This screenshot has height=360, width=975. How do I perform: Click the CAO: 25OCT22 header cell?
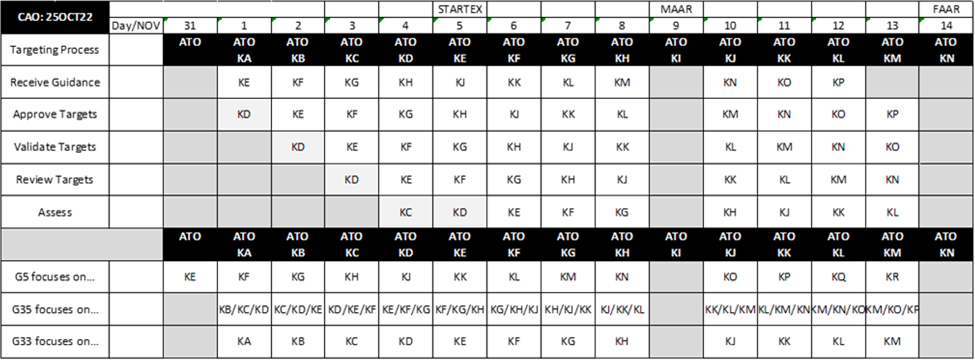tap(55, 17)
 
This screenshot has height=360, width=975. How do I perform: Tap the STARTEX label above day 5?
tap(460, 9)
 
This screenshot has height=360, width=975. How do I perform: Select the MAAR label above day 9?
tap(676, 9)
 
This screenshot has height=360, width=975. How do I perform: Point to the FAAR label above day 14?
tap(947, 9)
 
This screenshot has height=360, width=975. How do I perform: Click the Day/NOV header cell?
tap(137, 25)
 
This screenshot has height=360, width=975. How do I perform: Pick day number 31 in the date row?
tap(190, 25)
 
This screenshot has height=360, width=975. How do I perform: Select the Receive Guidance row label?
tap(55, 82)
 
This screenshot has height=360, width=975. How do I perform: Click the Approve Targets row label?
tap(55, 114)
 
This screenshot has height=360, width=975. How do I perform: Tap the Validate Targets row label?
tap(55, 147)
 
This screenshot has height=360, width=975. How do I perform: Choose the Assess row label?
tap(55, 212)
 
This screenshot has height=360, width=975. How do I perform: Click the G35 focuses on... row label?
tap(55, 309)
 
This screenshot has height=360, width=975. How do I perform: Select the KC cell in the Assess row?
tap(405, 212)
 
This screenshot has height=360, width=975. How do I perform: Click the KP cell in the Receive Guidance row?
tap(838, 82)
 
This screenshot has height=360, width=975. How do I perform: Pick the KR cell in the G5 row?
tap(892, 277)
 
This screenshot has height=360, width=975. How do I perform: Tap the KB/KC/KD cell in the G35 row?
tap(244, 309)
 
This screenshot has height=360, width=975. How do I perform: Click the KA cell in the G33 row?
tap(244, 341)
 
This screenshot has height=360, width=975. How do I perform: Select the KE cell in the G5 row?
tap(190, 277)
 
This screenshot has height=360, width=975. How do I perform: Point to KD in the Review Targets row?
tap(352, 180)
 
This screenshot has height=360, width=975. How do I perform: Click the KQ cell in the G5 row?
tap(838, 277)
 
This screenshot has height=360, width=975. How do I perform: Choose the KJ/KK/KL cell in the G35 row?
tap(622, 309)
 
